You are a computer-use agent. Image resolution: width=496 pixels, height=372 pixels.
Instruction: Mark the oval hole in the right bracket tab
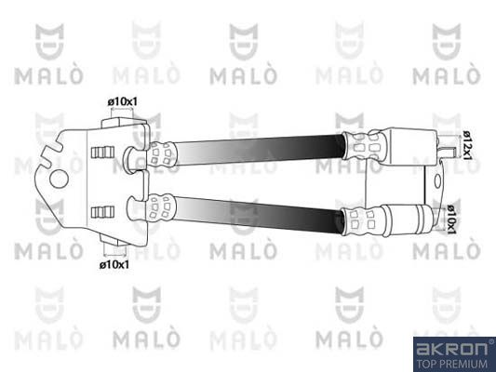[x=433, y=183]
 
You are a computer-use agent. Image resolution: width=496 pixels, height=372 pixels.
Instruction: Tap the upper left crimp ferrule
[x=164, y=153]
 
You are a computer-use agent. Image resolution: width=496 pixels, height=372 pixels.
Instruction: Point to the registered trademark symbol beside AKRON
[x=490, y=340]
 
